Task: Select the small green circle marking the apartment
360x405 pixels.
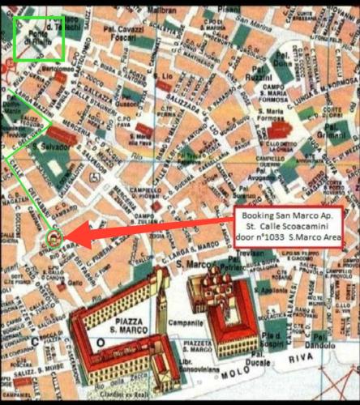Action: (x=54, y=237)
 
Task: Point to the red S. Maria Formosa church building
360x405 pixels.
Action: (x=278, y=130)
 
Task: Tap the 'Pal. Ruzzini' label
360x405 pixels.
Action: (x=259, y=80)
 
